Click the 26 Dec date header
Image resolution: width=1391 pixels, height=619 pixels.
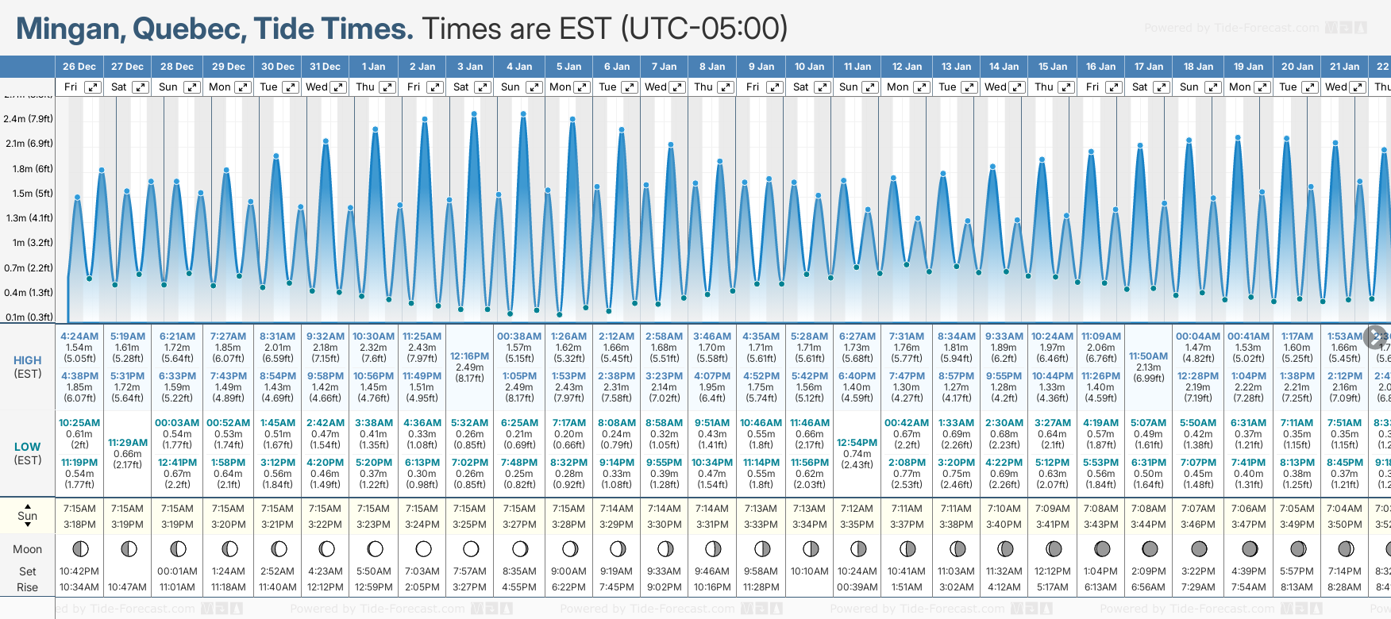coord(79,67)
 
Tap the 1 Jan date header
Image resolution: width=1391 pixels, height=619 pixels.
coord(373,67)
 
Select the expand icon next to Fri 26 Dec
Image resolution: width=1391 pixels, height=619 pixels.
coord(93,87)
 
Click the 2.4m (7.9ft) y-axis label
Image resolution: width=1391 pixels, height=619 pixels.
coord(28,119)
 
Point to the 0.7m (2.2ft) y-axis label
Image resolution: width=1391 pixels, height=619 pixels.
coord(28,268)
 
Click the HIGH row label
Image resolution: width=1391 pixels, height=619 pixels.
coord(28,360)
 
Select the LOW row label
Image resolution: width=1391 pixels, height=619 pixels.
coord(28,447)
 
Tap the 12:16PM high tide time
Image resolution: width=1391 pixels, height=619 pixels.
coord(469,356)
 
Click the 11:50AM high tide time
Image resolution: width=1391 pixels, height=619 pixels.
coord(1148,356)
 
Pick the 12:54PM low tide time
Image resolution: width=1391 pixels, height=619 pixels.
coord(857,443)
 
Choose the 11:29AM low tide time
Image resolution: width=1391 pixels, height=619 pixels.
coord(128,443)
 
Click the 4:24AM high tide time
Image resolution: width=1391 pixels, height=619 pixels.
coord(79,336)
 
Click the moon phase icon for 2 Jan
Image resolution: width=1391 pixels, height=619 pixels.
coord(423,548)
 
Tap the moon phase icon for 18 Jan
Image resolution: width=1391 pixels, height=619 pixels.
coord(1199,548)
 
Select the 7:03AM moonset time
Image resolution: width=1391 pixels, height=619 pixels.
coord(422,571)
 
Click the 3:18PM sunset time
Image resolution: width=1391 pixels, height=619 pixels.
coord(79,525)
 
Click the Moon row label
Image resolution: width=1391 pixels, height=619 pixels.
coord(27,549)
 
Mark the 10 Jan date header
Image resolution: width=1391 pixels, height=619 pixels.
coord(810,67)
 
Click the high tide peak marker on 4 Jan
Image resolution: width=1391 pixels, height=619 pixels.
coord(523,113)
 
